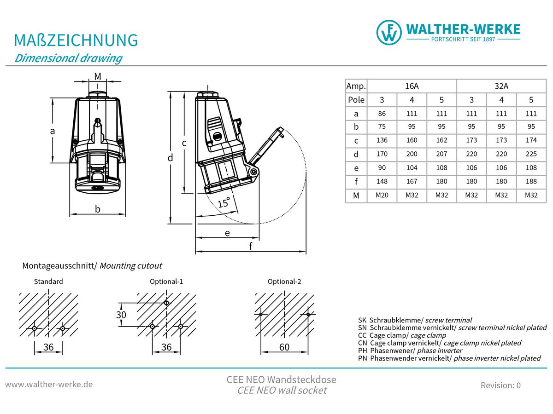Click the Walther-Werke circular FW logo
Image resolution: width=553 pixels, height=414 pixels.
pyautogui.click(x=389, y=33)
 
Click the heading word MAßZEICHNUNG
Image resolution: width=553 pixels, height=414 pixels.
pyautogui.click(x=76, y=40)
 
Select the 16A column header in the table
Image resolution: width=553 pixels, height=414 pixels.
pyautogui.click(x=412, y=86)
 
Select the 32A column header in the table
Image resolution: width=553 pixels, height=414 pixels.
pyautogui.click(x=501, y=86)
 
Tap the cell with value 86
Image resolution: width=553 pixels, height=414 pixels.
pyautogui.click(x=382, y=114)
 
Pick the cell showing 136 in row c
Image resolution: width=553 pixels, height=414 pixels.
pyautogui.click(x=382, y=140)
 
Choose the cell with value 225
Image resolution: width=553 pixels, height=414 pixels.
pyautogui.click(x=531, y=154)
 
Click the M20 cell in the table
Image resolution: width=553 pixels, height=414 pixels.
pyautogui.click(x=382, y=195)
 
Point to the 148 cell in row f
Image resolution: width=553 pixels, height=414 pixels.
pyautogui.click(x=382, y=181)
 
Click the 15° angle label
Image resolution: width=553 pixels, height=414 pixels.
pyautogui.click(x=224, y=202)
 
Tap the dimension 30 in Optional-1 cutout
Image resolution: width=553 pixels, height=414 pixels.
pyautogui.click(x=121, y=315)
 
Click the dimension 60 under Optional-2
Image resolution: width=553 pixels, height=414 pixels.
pyautogui.click(x=284, y=347)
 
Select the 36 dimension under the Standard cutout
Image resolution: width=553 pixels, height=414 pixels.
pyautogui.click(x=48, y=347)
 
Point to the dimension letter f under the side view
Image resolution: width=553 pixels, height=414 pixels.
pyautogui.click(x=250, y=246)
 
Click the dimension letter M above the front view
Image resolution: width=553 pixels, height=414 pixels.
pyautogui.click(x=98, y=76)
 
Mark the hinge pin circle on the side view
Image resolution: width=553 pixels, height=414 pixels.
pyautogui.click(x=254, y=172)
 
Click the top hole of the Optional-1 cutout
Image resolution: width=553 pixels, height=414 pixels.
pyautogui.click(x=166, y=303)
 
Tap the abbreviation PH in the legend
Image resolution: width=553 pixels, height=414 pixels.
pyautogui.click(x=362, y=351)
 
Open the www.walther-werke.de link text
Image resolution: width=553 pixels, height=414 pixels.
pyautogui.click(x=49, y=385)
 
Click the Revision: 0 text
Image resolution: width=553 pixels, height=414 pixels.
pyautogui.click(x=500, y=385)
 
